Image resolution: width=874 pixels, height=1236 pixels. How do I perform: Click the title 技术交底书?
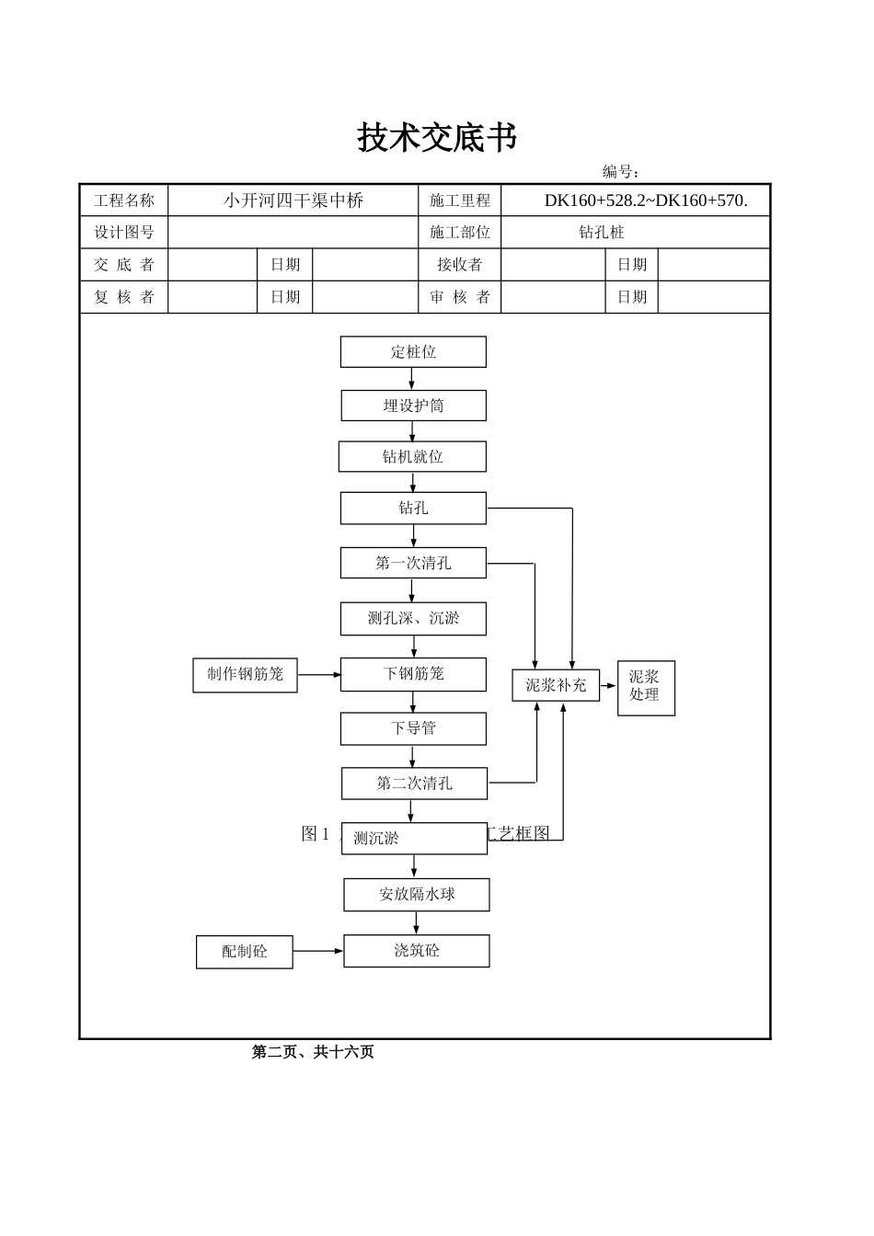pos(437,138)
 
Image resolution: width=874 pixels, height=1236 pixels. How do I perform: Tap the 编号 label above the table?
pos(621,172)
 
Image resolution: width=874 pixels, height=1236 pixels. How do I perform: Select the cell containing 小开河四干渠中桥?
pos(293,200)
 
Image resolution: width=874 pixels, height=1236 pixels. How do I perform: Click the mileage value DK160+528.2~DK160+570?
pos(645,200)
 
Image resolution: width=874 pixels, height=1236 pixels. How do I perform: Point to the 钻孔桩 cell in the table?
pos(602,233)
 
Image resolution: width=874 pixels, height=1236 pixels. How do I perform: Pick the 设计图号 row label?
pos(124,233)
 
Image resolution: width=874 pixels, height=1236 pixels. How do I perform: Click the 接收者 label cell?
pos(459,265)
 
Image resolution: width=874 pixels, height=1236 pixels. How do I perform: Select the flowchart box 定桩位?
pos(413,352)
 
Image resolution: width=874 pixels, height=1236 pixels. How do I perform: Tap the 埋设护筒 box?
pos(413,406)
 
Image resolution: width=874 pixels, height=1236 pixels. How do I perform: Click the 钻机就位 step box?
pos(412,457)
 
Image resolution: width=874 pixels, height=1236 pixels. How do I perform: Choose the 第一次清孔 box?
pos(413,563)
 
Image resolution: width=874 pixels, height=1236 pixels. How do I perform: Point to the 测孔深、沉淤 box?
pos(413,619)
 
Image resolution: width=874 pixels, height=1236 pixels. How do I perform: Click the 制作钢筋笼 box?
pos(245,674)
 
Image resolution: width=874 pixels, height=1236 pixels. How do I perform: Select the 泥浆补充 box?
pos(556,685)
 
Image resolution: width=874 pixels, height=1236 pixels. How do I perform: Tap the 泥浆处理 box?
pos(645,687)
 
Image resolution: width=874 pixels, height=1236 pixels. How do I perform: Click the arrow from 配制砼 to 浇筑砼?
pos(317,951)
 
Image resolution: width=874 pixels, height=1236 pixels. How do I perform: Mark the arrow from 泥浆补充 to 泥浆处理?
pos(608,685)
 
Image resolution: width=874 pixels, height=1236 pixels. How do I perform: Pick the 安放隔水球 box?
pos(417,895)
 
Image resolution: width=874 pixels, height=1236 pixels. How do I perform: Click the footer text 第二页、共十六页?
pos(313,1052)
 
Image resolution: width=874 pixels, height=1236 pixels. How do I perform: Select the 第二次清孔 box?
pos(414,784)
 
